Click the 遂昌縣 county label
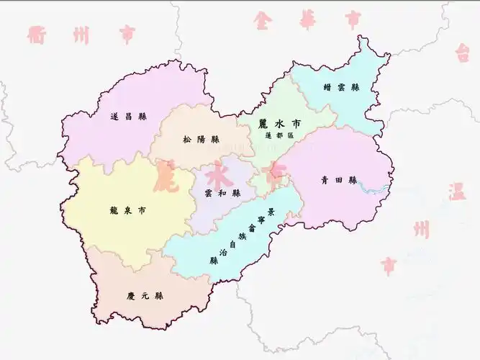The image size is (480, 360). click(x=129, y=116)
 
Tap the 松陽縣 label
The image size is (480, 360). click(x=200, y=139)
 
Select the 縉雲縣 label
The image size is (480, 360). click(x=341, y=86)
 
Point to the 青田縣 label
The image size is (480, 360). click(x=339, y=180)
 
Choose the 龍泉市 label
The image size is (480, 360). click(x=130, y=211)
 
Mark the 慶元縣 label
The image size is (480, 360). click(x=145, y=295)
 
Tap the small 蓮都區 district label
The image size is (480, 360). click(x=280, y=135)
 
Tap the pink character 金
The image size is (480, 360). click(x=263, y=19)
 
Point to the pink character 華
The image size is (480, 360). click(x=308, y=19)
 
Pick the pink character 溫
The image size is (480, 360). click(x=458, y=192)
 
